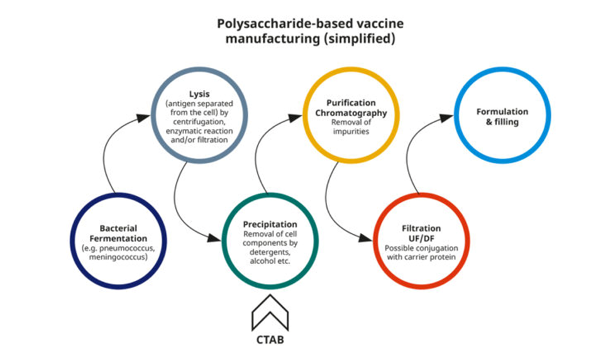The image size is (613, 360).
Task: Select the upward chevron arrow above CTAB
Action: (270, 312)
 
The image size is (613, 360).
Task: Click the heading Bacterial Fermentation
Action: (118, 233)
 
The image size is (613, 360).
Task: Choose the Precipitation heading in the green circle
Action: (270, 224)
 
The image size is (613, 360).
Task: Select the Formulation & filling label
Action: (502, 117)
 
